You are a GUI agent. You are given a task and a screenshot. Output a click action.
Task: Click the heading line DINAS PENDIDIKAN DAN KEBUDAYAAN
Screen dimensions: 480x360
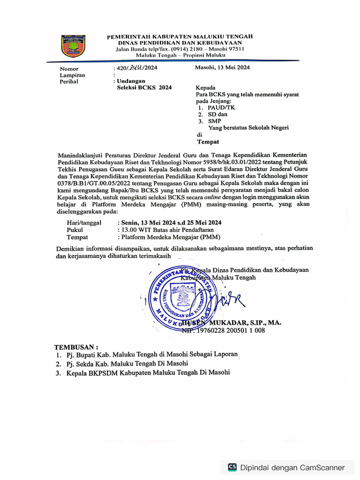180,43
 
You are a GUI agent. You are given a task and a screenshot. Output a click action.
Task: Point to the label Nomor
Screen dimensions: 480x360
69,68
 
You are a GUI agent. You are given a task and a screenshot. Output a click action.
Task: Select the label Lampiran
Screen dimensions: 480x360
72,75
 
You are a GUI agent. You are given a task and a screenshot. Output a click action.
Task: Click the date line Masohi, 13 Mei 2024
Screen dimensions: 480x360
222,67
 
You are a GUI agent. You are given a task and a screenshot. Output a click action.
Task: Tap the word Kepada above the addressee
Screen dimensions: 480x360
205,88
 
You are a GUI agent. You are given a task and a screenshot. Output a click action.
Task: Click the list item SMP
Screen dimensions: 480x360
215,121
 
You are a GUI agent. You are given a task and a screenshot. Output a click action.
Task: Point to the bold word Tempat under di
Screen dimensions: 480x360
208,141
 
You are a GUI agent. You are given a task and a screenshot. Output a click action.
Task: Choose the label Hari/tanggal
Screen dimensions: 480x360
84,223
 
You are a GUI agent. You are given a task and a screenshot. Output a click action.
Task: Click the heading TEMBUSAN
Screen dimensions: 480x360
76,347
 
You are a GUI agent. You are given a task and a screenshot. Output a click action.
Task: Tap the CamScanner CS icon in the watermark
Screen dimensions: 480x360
232,467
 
